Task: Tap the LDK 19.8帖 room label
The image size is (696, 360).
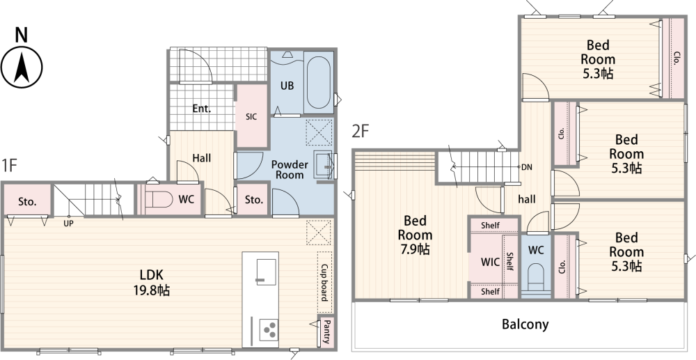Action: [x=151, y=283]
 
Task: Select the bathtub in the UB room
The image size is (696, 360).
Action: [x=318, y=83]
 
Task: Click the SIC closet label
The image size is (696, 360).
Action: [x=251, y=117]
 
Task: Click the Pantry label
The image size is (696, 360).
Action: [x=326, y=331]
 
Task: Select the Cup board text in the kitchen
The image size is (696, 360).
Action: [x=324, y=282]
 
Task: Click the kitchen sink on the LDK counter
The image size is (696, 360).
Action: [x=267, y=272]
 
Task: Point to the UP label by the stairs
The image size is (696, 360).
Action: [x=68, y=224]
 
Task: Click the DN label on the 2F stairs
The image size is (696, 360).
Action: [x=526, y=167]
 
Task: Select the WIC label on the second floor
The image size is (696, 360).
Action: [x=490, y=262]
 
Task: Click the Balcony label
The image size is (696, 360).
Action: [x=525, y=324]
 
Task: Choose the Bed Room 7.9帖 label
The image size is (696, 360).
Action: [x=415, y=235]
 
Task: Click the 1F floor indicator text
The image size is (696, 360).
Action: [x=9, y=165]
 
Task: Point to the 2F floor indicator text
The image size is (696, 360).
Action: [x=361, y=131]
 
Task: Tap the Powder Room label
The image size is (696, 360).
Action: [x=290, y=170]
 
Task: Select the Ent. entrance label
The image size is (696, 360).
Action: [x=202, y=109]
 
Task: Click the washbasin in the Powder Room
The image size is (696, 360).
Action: [x=324, y=165]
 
